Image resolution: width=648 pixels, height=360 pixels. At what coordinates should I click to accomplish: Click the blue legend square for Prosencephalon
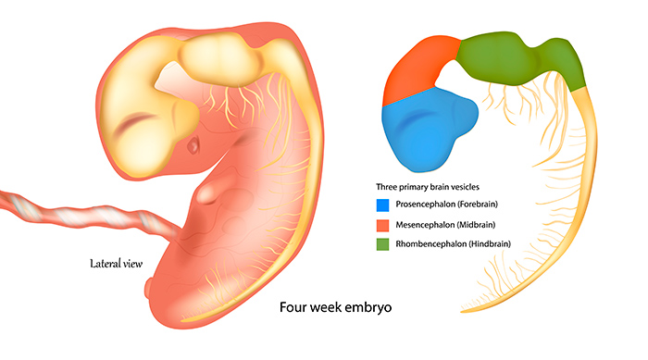pos(382,205)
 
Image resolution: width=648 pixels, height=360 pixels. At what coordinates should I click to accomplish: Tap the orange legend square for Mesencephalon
pos(382,225)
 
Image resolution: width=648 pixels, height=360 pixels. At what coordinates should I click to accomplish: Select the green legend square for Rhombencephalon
pos(382,244)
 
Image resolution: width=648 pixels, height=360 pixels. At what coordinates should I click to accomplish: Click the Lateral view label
pos(116,264)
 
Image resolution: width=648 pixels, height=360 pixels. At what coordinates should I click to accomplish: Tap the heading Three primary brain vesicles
pos(428,187)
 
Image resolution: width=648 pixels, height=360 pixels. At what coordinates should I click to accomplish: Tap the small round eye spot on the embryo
pos(193,145)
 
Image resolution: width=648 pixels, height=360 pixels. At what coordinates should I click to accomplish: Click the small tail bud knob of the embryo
pos(148,288)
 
